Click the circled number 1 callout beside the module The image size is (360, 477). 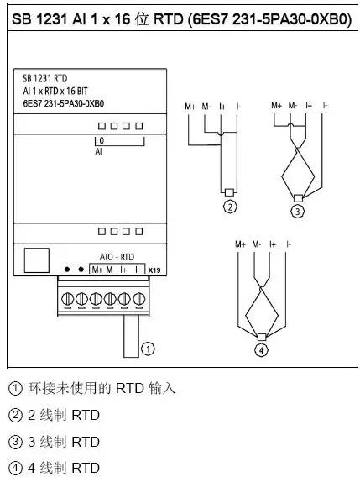tap(149, 346)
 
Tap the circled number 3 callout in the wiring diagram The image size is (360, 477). tap(297, 210)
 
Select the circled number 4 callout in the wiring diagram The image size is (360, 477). tap(262, 349)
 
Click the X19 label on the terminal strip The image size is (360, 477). tap(154, 270)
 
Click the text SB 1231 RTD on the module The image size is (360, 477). tap(45, 76)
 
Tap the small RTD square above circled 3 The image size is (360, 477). tap(297, 197)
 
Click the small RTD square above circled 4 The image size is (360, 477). tap(262, 336)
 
